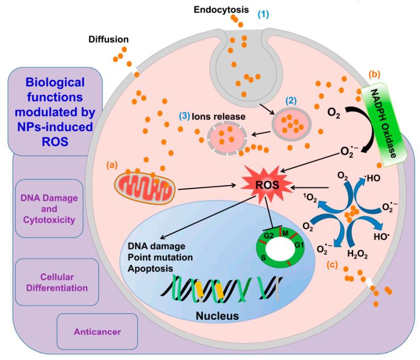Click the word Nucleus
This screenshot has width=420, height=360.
(x=211, y=316)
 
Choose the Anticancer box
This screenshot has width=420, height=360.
(x=96, y=331)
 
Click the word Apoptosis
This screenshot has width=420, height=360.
(x=150, y=269)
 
